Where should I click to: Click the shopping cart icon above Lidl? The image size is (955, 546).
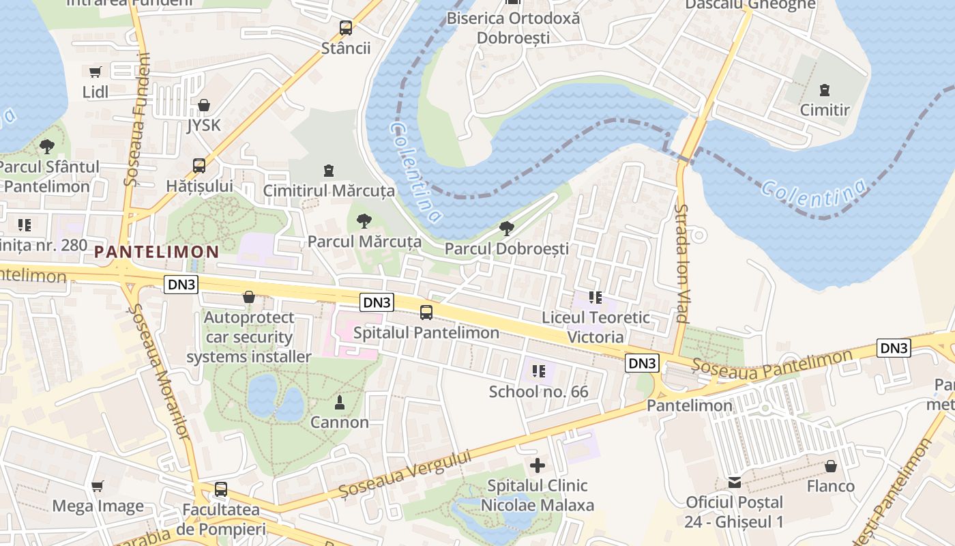point(95,72)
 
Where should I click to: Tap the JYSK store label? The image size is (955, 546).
point(204,126)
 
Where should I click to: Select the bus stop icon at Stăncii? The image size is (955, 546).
point(346,28)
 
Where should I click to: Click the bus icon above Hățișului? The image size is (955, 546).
point(199,165)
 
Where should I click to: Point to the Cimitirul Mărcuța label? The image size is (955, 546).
point(329,190)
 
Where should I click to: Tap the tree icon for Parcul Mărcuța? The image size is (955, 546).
point(364,220)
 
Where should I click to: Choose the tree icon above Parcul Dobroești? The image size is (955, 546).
point(505,228)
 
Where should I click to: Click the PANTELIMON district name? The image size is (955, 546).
point(156,252)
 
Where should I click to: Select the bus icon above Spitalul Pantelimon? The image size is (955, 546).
point(426,313)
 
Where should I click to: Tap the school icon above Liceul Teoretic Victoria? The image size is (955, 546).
point(595,297)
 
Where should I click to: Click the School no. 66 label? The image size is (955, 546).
point(538,392)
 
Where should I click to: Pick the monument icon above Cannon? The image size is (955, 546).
point(339,403)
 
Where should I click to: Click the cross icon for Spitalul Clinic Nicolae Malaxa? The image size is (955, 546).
point(538,465)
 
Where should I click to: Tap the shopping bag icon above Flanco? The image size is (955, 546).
point(830,466)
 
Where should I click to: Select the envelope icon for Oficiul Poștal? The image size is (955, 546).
point(734,483)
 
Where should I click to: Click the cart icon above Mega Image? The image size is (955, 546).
point(98,486)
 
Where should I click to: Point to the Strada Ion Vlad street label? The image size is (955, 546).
point(681,263)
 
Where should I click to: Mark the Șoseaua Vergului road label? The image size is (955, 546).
point(405,474)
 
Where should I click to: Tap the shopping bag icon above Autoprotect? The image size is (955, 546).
point(249,297)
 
